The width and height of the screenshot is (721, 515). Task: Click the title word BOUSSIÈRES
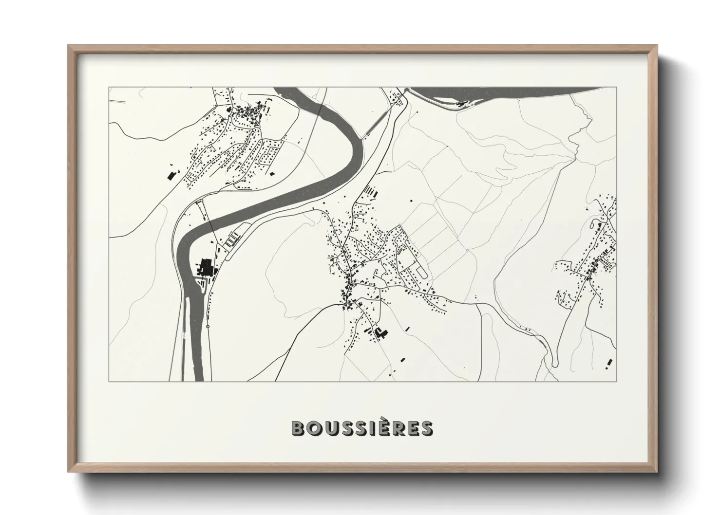click(x=361, y=428)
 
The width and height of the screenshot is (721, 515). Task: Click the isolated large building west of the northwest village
click(x=171, y=176)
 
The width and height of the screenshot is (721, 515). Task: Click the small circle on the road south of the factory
click(x=208, y=327)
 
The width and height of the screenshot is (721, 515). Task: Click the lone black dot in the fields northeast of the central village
click(x=411, y=200)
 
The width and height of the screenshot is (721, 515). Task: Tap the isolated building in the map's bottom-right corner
click(x=608, y=362)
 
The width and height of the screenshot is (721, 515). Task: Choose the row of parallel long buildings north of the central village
click(x=372, y=191)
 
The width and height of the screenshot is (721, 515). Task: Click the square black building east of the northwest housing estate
click(x=271, y=172)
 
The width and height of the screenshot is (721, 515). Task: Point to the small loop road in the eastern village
click(x=595, y=224)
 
